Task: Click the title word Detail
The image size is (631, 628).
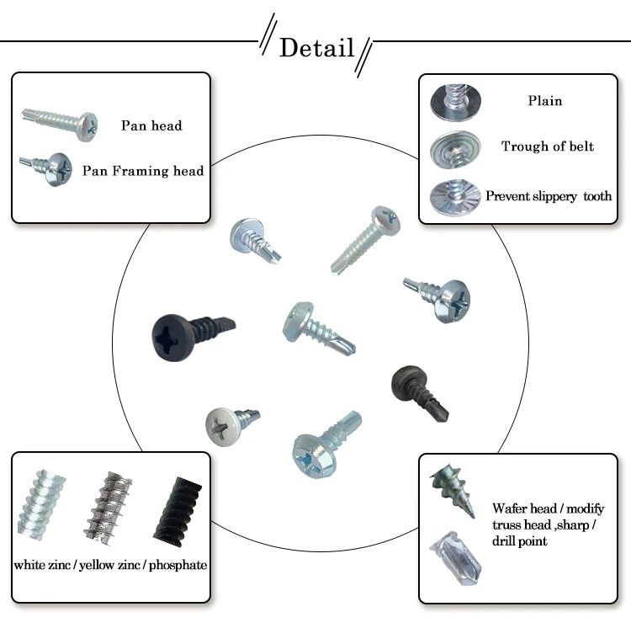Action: [x=316, y=48]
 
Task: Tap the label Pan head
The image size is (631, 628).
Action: [x=151, y=125]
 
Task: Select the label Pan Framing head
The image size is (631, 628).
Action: [x=143, y=171]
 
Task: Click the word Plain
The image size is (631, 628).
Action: [x=544, y=101]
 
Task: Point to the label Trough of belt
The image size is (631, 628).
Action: [x=547, y=146]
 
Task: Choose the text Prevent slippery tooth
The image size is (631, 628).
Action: [x=548, y=196]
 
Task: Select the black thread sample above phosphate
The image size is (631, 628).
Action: [x=178, y=510]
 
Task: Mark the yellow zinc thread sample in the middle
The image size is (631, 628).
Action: [x=109, y=508]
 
